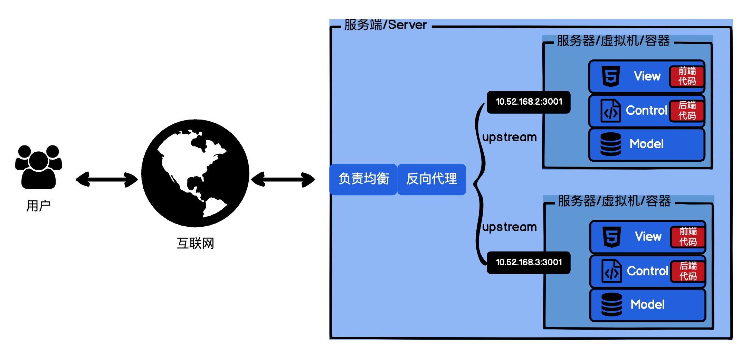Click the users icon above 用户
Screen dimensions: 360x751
click(x=38, y=167)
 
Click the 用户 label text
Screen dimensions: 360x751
click(x=38, y=206)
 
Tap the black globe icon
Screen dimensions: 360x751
click(x=195, y=173)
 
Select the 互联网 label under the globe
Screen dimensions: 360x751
click(x=195, y=243)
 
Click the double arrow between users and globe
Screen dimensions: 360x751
click(x=107, y=180)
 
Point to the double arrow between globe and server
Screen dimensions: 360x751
click(x=283, y=180)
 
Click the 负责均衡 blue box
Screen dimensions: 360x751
click(x=363, y=179)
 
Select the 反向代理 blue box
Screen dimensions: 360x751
click(x=431, y=179)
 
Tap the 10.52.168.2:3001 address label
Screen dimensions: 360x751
click(x=529, y=102)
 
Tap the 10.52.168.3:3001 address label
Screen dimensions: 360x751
click(x=529, y=263)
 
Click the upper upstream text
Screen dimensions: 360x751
click(x=510, y=137)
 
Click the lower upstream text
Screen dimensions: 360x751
click(x=510, y=227)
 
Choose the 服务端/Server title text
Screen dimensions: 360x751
click(x=386, y=25)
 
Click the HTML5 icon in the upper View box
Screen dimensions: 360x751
click(x=611, y=76)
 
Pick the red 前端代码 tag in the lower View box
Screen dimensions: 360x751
click(x=688, y=237)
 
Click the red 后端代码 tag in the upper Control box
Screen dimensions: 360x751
click(x=687, y=111)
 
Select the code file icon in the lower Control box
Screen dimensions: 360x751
click(x=611, y=271)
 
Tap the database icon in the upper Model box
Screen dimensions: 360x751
click(x=610, y=144)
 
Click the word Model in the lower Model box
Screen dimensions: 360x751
click(x=647, y=305)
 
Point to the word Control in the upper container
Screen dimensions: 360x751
click(x=646, y=111)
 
